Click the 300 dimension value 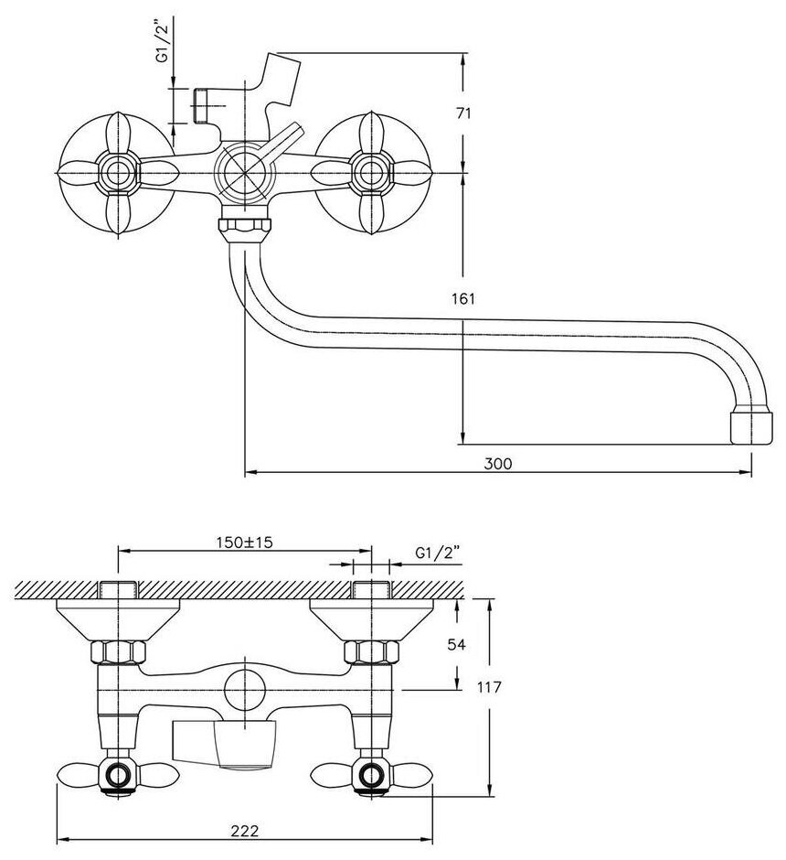click(x=498, y=464)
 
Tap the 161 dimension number click(x=463, y=299)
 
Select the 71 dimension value click(x=463, y=113)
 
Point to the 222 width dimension click(x=244, y=831)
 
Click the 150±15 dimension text click(x=244, y=543)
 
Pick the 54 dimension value click(x=456, y=644)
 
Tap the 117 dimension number click(x=489, y=687)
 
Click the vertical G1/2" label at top click(x=163, y=40)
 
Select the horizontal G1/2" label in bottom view click(x=438, y=554)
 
